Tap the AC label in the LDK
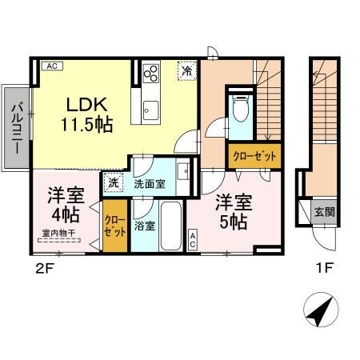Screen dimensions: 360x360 coord(50,66)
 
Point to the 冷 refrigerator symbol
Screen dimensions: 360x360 coord(186,70)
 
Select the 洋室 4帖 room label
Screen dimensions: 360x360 coord(65,204)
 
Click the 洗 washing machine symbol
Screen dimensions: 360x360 coord(114,182)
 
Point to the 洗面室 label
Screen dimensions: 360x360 coord(150,183)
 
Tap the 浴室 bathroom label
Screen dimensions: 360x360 coord(145,226)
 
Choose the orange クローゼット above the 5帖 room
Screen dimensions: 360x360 coord(254,157)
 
